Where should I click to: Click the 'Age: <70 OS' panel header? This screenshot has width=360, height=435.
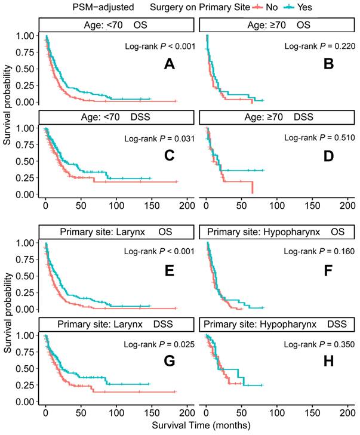coord(117,25)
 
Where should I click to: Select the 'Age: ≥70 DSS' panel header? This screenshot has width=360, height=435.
coord(278,118)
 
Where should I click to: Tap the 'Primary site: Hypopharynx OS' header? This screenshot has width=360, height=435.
coord(278,232)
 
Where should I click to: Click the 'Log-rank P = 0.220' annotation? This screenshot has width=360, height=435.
coord(321,46)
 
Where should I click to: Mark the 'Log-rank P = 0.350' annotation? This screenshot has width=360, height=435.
coord(321,345)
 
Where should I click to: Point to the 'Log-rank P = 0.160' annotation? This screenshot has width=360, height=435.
coord(321,252)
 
